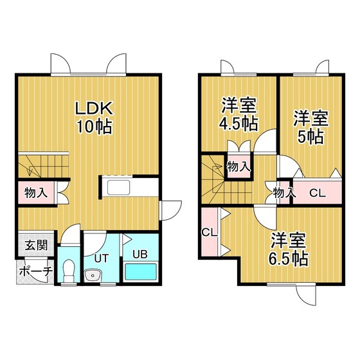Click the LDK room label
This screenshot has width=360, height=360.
[x=94, y=108]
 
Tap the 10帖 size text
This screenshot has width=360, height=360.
[x=94, y=127]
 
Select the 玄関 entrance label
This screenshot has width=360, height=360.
[x=36, y=245]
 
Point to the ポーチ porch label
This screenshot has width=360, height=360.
[x=36, y=272]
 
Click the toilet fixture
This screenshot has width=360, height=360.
[x=68, y=271]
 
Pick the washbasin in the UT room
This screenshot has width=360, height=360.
[x=93, y=275]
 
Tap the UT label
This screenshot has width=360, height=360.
[x=102, y=258]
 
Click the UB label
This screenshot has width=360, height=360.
[x=140, y=254]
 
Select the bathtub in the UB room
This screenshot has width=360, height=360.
[x=141, y=271]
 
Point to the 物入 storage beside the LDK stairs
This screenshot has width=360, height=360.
[x=36, y=193]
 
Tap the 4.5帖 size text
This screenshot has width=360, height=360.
[x=238, y=124]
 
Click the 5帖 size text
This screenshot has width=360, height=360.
[x=310, y=137]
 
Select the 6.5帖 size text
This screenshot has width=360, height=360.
[x=288, y=258]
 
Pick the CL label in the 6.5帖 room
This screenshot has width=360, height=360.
[x=210, y=233]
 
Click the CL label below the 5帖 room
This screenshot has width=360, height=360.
[x=318, y=193]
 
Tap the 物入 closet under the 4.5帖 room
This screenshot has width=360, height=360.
[x=239, y=166]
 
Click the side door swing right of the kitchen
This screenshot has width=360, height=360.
[x=171, y=211]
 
